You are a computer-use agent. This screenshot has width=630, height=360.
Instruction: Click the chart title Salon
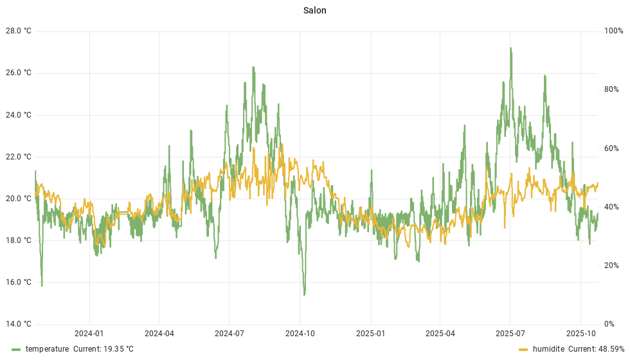[314, 10]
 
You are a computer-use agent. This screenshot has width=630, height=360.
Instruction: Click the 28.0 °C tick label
[18, 32]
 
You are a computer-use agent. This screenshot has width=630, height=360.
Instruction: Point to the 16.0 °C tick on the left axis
[18, 282]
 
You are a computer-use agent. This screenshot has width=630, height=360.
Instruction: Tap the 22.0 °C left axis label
[18, 157]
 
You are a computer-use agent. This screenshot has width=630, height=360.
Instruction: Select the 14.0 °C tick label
[18, 324]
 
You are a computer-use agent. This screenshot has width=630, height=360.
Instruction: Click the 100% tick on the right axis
[613, 32]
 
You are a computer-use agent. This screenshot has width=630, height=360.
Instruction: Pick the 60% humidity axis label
[611, 148]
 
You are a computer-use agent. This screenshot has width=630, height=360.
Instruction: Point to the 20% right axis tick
[611, 265]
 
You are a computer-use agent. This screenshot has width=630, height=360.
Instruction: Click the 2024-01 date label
[89, 334]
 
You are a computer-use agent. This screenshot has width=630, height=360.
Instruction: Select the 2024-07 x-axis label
[229, 334]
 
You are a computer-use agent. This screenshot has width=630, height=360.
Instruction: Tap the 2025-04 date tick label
[440, 334]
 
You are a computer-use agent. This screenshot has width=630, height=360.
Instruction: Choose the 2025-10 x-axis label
[580, 334]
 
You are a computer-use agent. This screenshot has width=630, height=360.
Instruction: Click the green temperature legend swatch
[16, 349]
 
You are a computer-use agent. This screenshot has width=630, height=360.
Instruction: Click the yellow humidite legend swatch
[523, 349]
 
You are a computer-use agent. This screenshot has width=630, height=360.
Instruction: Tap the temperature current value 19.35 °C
[104, 349]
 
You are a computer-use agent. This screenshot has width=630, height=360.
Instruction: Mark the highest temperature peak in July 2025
[510, 48]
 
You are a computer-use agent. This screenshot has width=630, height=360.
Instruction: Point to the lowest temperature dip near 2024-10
[304, 294]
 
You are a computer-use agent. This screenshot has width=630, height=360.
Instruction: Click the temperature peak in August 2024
[253, 67]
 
